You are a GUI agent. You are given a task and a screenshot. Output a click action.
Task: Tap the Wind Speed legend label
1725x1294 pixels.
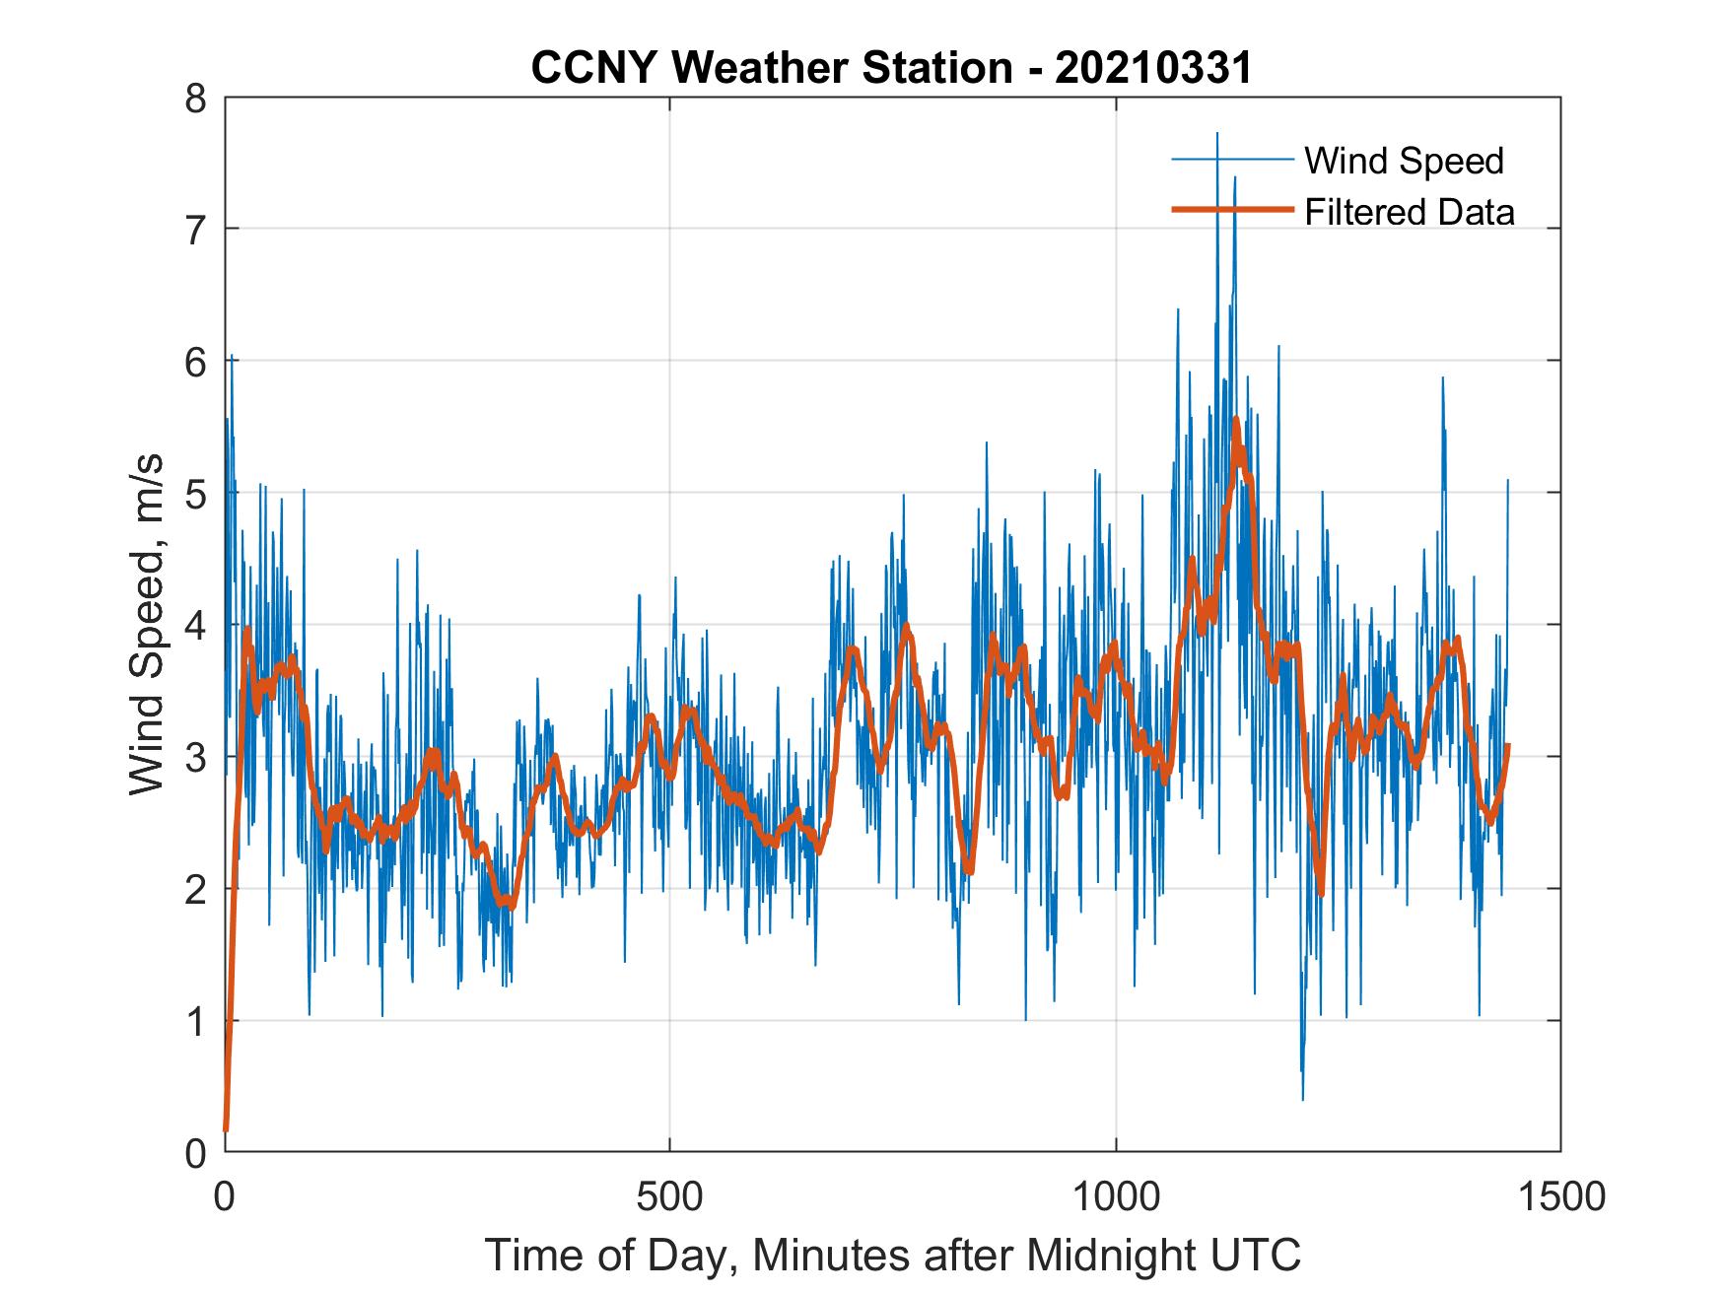point(1404,161)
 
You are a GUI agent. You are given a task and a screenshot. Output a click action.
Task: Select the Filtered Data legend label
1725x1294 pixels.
point(1409,212)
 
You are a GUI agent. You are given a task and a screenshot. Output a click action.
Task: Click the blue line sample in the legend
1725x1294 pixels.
point(1232,160)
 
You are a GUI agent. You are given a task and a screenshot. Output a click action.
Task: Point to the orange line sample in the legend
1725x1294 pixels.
point(1232,210)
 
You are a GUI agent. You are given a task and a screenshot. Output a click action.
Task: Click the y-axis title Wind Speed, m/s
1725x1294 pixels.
point(147,625)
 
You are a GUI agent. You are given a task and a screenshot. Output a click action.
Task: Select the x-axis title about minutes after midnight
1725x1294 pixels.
point(893,1256)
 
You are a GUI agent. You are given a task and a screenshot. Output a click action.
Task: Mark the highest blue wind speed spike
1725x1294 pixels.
point(1217,133)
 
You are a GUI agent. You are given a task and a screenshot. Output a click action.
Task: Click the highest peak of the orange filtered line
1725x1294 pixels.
point(1236,419)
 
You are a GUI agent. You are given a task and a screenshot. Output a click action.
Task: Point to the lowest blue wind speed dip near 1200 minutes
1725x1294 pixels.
point(1303,1099)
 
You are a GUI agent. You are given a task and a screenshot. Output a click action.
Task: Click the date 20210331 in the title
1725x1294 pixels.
point(1153,68)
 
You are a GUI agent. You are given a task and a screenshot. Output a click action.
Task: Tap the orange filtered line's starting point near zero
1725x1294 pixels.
point(226,1129)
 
